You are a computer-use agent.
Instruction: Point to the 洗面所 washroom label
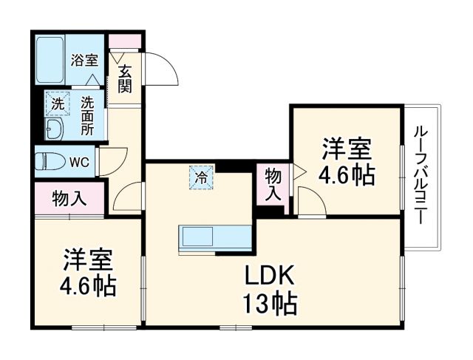(x=87, y=115)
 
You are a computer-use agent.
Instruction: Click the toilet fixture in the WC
(x=50, y=160)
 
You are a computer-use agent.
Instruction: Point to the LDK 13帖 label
(x=270, y=290)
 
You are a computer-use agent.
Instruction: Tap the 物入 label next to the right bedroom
(x=273, y=184)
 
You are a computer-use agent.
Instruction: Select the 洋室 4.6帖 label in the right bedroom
(x=346, y=162)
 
